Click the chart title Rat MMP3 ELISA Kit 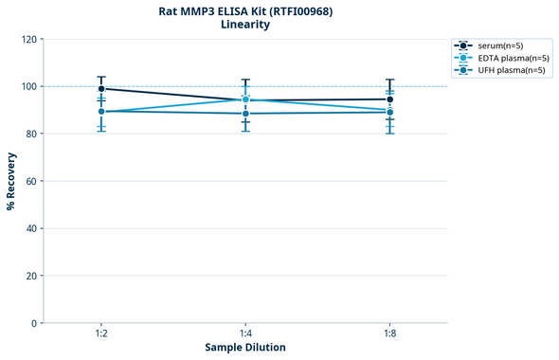point(245,10)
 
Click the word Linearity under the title point(245,25)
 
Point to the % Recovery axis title point(11,181)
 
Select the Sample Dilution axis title point(245,348)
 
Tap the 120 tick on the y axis point(28,39)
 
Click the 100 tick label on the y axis point(28,86)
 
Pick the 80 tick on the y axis point(30,134)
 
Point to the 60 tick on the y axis point(30,181)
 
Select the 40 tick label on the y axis point(30,228)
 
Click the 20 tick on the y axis point(30,276)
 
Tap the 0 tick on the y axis point(33,323)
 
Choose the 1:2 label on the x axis point(101,333)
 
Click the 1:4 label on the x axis point(245,333)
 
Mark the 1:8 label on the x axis point(389,333)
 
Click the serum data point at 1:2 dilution point(101,89)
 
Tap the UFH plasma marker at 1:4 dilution point(245,114)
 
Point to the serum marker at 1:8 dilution point(389,99)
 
